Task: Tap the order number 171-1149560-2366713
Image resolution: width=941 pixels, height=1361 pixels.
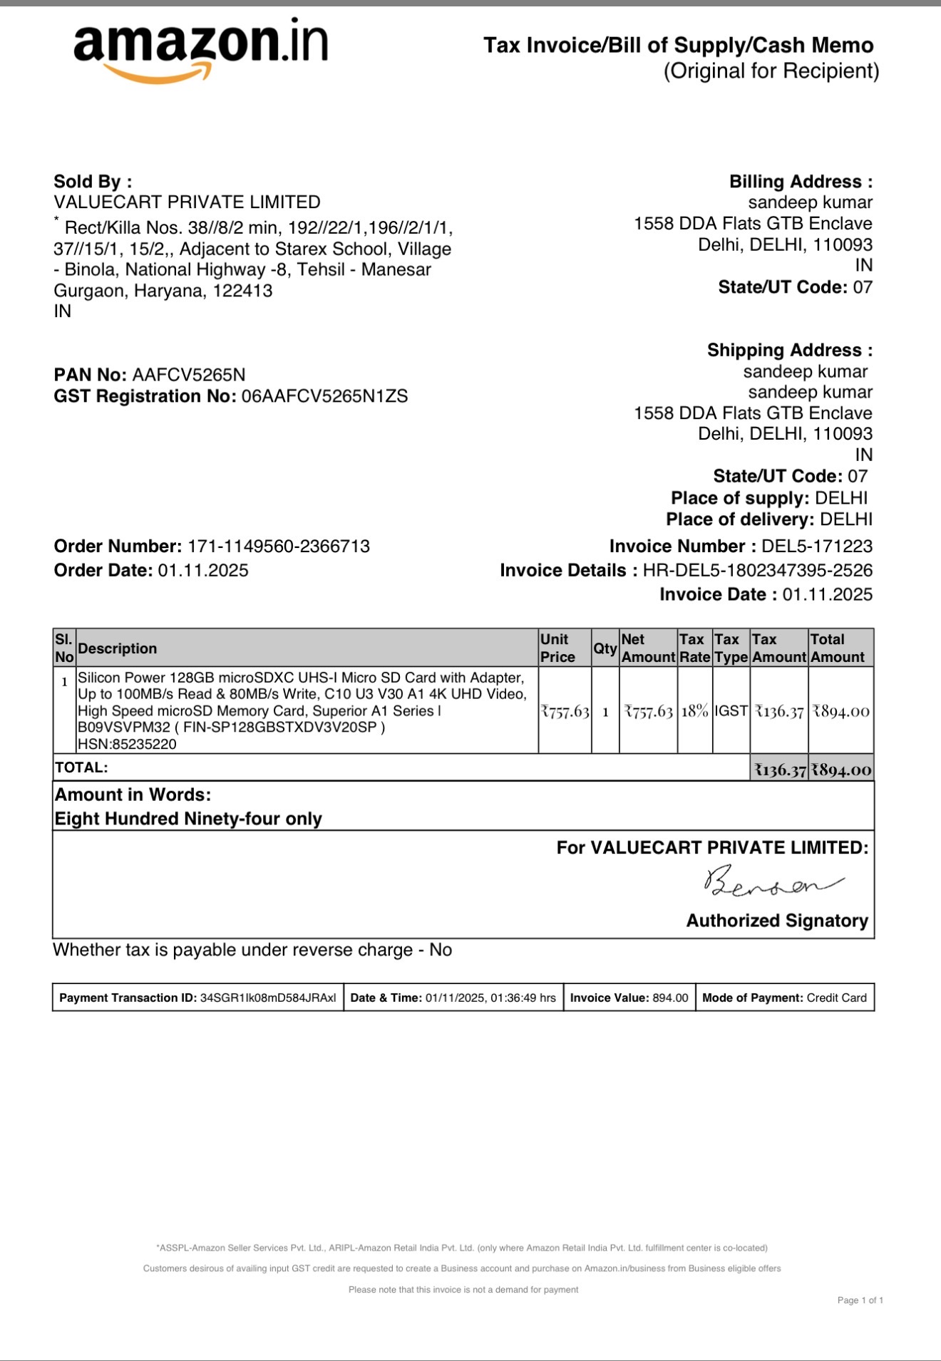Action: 278,547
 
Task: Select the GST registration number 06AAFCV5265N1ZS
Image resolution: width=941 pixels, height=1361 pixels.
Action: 324,397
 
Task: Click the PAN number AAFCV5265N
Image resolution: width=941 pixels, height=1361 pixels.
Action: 189,375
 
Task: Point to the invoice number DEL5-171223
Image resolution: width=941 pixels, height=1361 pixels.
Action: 816,547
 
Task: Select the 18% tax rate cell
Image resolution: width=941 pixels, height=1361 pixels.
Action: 694,711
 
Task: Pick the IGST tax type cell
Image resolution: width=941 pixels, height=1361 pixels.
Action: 731,711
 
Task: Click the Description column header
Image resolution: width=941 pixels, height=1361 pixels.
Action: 118,648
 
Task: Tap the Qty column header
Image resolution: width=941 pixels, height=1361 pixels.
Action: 605,648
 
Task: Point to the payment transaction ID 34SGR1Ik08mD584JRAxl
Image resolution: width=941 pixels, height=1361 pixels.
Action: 268,998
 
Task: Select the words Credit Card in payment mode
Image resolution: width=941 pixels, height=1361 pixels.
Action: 836,998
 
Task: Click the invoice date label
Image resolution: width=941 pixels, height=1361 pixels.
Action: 717,595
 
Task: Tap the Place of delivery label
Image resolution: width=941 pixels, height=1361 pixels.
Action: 740,519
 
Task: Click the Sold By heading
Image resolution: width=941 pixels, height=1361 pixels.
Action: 93,182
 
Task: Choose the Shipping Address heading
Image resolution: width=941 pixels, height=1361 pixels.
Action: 789,351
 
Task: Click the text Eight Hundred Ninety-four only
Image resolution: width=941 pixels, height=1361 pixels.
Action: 188,819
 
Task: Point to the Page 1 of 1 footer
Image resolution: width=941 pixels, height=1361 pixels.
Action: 860,1300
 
